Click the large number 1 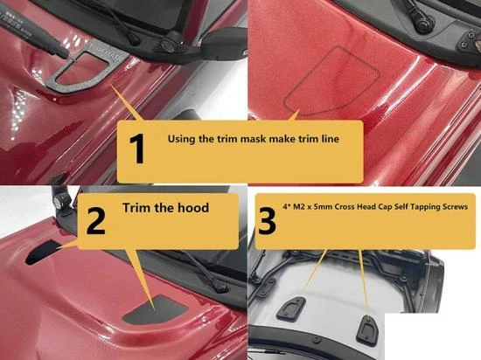coord(137,149)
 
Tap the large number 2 coord(96,220)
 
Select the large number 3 coord(267,220)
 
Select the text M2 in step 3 coord(298,207)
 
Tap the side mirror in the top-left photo coord(225,40)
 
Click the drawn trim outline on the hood coord(332,80)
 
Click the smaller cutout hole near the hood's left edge coord(44,252)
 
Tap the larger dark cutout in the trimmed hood coord(156,308)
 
